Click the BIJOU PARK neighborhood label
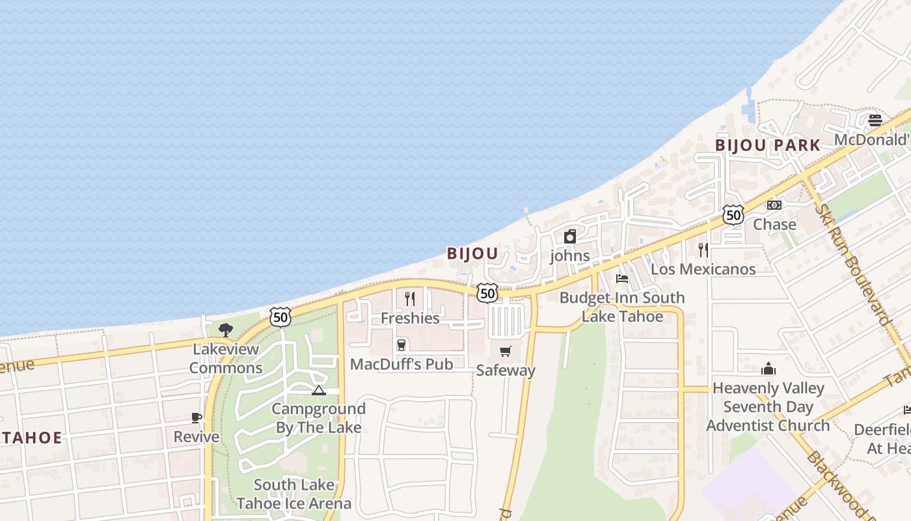click(767, 145)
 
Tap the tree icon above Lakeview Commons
click(226, 330)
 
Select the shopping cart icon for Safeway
click(506, 352)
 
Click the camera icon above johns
click(570, 236)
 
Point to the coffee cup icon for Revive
click(197, 417)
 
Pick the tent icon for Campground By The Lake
click(318, 390)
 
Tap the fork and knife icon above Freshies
click(410, 299)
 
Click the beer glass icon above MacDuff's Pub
click(401, 345)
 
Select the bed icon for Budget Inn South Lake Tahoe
click(622, 279)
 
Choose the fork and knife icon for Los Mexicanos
click(703, 249)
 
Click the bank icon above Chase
click(774, 205)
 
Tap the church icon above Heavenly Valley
click(768, 369)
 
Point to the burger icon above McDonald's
click(875, 120)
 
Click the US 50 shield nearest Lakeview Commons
click(280, 317)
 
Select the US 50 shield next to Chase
click(733, 215)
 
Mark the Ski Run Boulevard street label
click(852, 264)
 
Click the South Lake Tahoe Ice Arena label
click(294, 494)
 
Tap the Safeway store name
click(506, 371)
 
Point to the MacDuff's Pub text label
click(401, 364)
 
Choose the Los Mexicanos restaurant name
click(703, 269)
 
